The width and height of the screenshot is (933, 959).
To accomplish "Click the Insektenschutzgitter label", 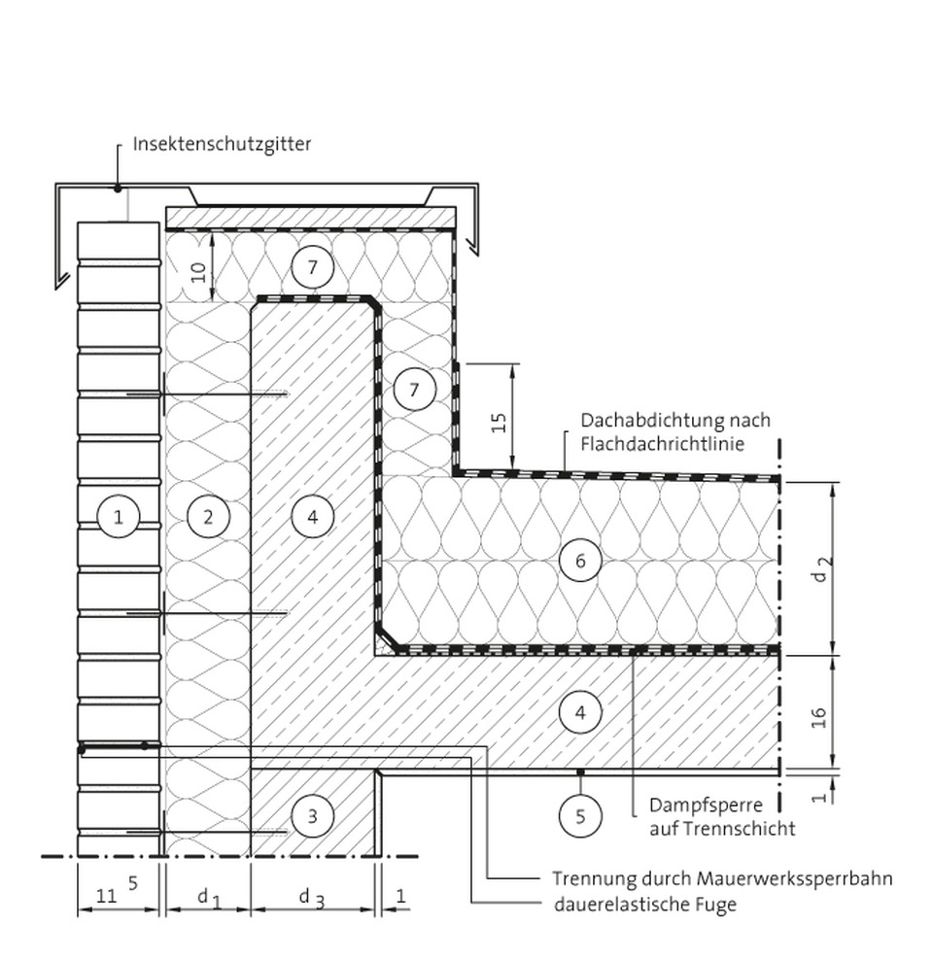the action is tap(223, 145).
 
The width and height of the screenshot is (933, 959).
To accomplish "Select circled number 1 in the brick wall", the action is tap(118, 517).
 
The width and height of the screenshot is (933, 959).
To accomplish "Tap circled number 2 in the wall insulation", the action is tap(208, 517).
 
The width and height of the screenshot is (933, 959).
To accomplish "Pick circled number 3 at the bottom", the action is tap(313, 816).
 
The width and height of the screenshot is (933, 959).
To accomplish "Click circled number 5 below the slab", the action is tap(580, 816).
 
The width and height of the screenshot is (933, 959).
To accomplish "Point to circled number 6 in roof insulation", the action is tap(580, 561).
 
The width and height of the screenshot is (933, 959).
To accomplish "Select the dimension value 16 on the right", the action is tap(820, 717).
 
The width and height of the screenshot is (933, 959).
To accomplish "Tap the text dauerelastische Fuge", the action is tap(645, 904).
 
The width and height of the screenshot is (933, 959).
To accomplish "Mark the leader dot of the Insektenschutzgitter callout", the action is tap(118, 188).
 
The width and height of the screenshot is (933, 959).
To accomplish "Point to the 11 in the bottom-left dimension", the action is tap(107, 897).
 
